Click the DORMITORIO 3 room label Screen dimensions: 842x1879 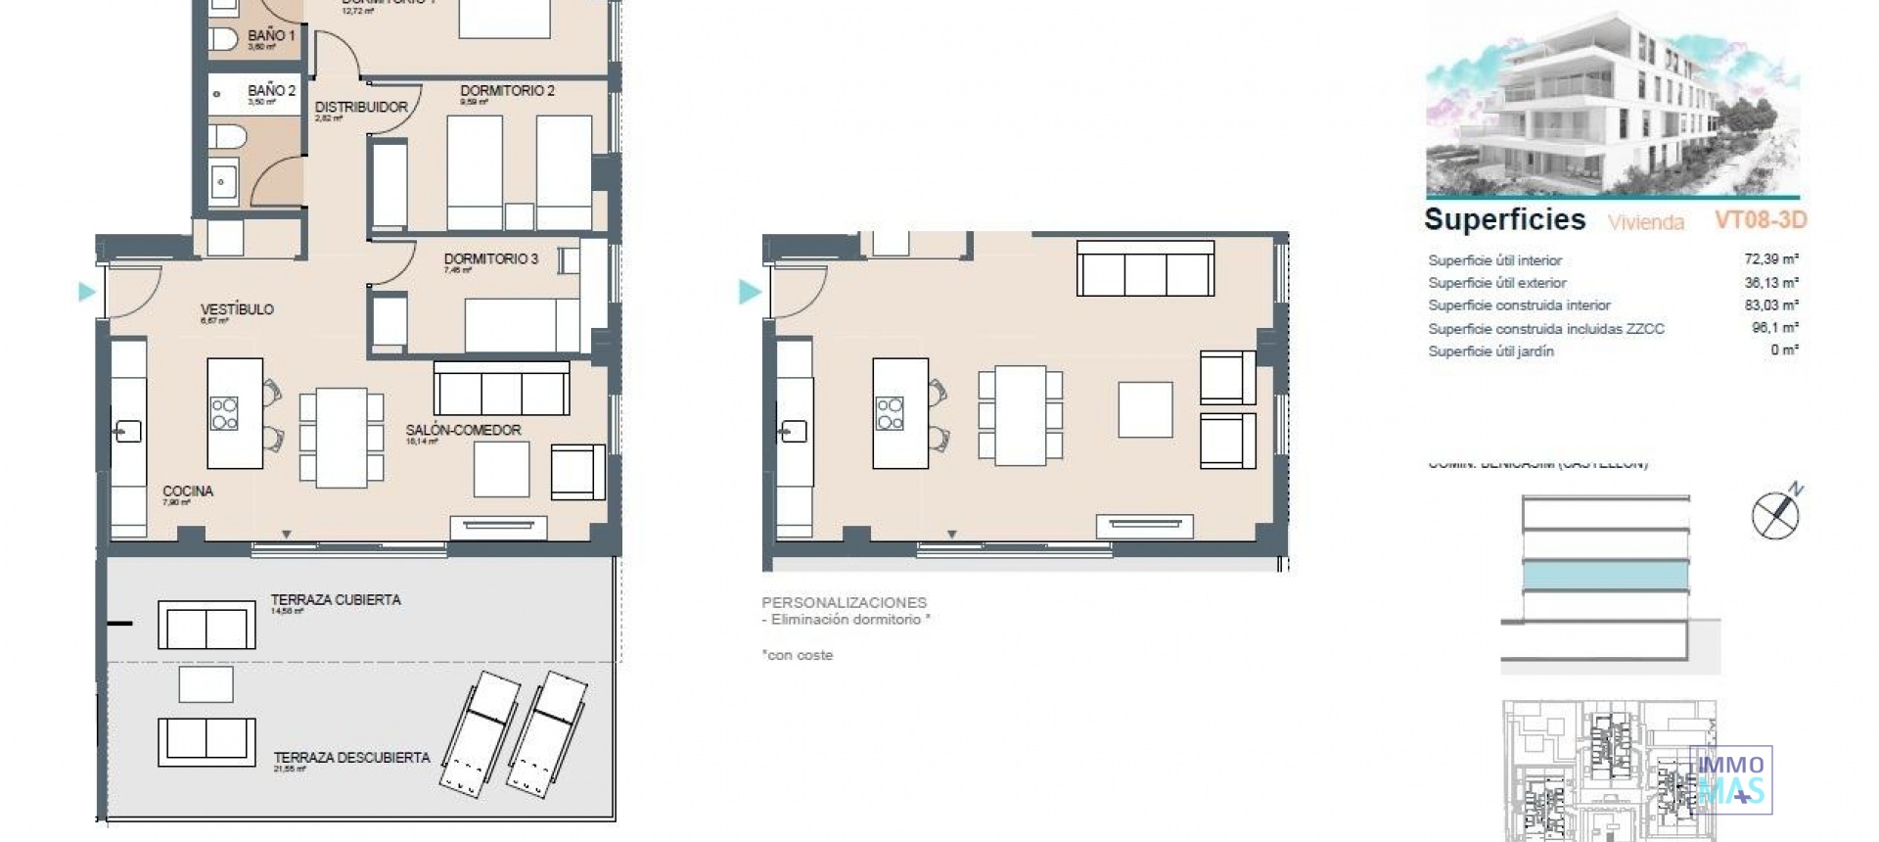(x=490, y=259)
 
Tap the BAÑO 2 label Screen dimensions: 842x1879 (x=271, y=91)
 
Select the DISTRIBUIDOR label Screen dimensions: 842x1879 (x=361, y=107)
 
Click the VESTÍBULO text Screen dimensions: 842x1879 (x=237, y=309)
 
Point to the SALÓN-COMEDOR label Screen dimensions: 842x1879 (x=463, y=430)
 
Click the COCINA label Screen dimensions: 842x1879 (x=187, y=491)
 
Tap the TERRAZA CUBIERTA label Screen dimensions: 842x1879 (x=336, y=600)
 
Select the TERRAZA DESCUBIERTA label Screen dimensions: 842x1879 (x=351, y=758)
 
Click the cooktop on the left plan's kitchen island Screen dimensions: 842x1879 (x=224, y=414)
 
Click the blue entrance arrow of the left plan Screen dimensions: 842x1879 (x=87, y=292)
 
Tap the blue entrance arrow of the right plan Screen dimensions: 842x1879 (x=750, y=292)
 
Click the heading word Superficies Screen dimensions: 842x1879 (x=1504, y=220)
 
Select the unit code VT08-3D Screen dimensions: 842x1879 (x=1760, y=220)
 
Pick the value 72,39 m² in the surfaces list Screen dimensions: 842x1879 (x=1770, y=259)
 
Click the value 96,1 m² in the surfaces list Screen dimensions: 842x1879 (x=1774, y=328)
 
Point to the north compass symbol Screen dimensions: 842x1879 (x=1775, y=513)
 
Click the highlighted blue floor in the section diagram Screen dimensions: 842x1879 (x=1605, y=576)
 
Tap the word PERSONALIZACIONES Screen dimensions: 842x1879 (x=844, y=602)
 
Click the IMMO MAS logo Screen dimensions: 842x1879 (x=1730, y=780)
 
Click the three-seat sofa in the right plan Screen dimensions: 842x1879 (x=1145, y=269)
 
